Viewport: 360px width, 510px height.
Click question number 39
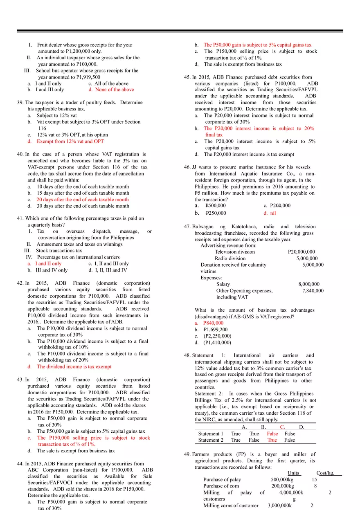click(20, 103)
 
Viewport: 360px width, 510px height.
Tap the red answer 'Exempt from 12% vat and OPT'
click(70, 142)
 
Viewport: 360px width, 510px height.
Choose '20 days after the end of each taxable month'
click(83, 200)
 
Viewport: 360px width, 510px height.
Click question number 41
click(20, 218)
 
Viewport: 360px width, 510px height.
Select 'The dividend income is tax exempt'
click(74, 367)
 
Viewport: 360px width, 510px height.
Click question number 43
click(20, 380)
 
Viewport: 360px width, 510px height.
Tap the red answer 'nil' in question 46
click(273, 213)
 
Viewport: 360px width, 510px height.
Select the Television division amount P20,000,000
click(301, 252)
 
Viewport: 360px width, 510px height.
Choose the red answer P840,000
click(213, 323)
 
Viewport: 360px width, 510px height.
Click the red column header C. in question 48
click(282, 427)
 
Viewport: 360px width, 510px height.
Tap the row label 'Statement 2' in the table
click(211, 440)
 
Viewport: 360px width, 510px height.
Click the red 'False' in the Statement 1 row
click(272, 434)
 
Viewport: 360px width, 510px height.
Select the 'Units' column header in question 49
click(293, 473)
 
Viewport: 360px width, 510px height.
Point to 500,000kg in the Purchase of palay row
click(282, 479)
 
